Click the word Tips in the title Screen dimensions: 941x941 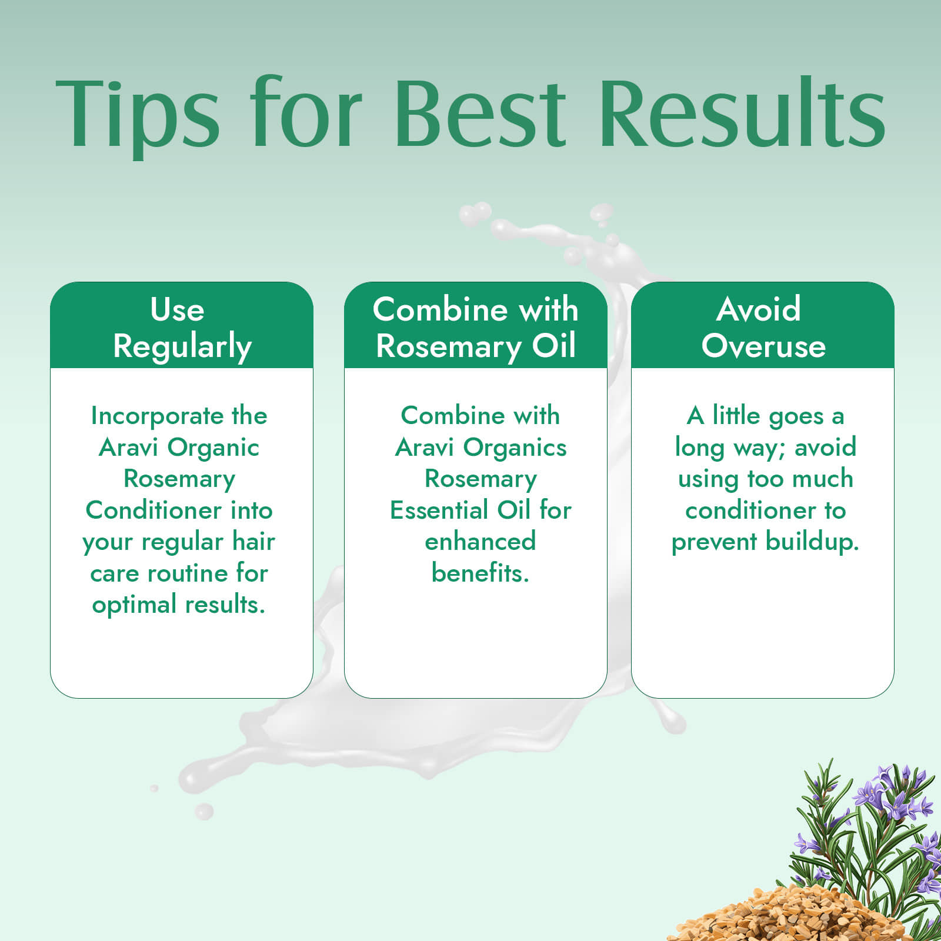click(138, 115)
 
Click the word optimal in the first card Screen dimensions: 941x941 click(134, 605)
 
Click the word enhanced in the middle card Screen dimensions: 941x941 click(480, 541)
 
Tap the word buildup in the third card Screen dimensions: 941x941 click(807, 542)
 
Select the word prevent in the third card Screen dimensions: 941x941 click(714, 542)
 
